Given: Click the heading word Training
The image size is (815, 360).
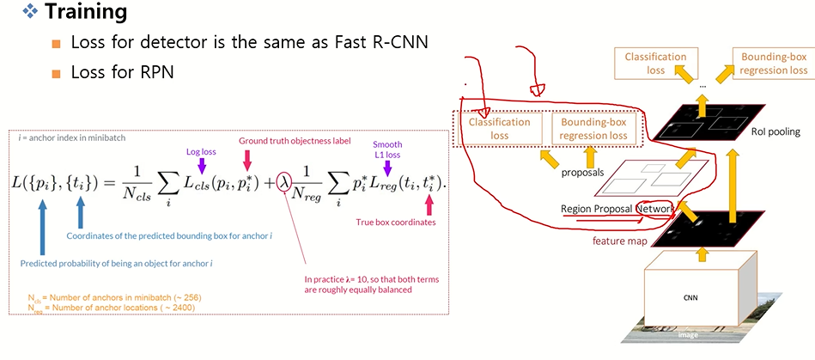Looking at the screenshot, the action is click(85, 13).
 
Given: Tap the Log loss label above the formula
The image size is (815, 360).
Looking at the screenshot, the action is click(201, 151).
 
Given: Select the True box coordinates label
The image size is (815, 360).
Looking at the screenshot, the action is click(396, 223).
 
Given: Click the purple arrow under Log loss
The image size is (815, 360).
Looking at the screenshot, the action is click(202, 164).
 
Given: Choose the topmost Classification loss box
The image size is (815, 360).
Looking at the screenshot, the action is click(656, 64).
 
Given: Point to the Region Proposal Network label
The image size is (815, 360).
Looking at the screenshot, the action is click(617, 209).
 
